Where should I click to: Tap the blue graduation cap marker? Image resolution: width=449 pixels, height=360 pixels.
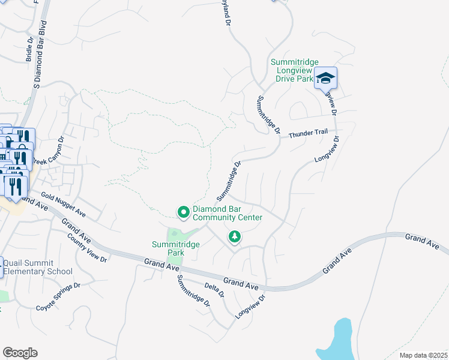coord(325,79)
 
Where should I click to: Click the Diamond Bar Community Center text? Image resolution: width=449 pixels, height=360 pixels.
coord(227,213)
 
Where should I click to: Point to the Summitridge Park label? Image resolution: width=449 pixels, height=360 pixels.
coord(175,248)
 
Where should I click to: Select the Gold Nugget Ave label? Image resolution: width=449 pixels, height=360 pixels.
coord(64,205)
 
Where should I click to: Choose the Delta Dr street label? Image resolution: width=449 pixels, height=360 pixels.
coord(214,290)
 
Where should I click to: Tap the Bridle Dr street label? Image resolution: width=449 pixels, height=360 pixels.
coord(28,52)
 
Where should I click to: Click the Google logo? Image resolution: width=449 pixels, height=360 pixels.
coord(20,353)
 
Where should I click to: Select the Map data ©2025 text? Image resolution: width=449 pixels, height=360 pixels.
coord(423,355)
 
